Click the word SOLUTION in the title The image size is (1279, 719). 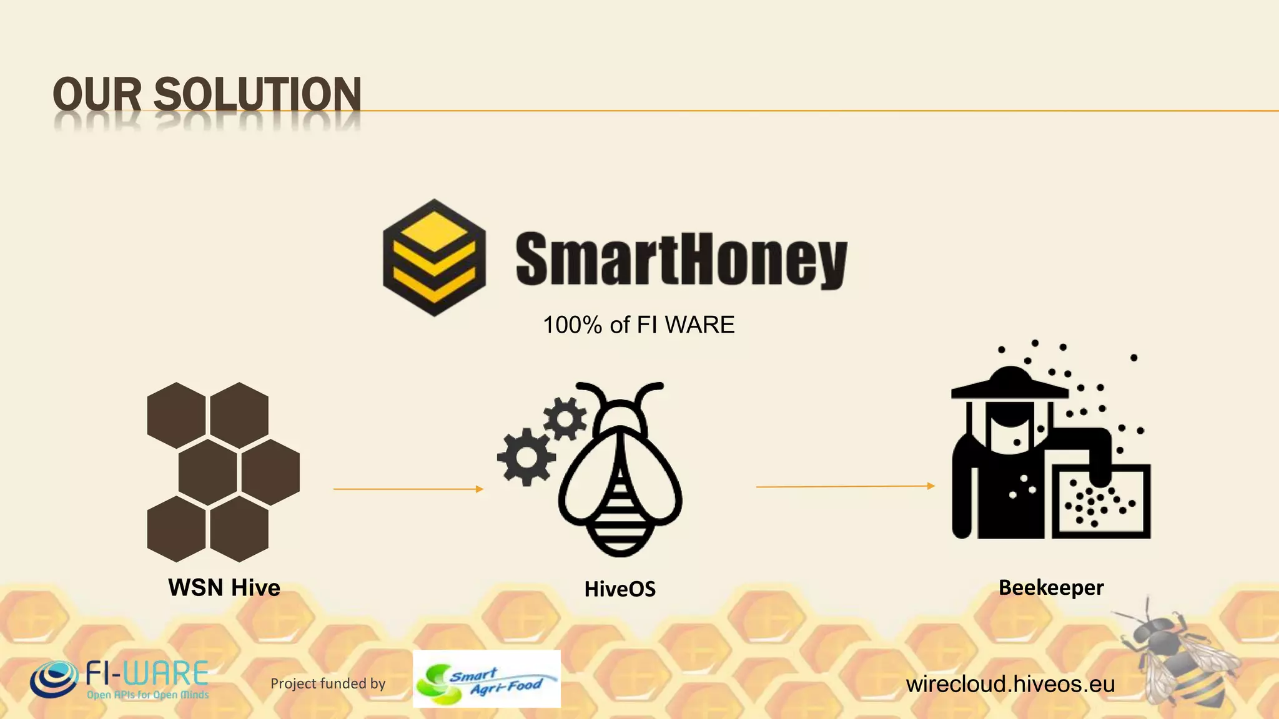pyautogui.click(x=257, y=95)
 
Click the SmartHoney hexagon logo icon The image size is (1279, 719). pyautogui.click(x=434, y=257)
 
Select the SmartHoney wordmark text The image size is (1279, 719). pyautogui.click(x=681, y=260)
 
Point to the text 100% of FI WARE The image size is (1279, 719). pyautogui.click(x=638, y=325)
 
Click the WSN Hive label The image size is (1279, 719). pyautogui.click(x=224, y=587)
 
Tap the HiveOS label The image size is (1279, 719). pyautogui.click(x=620, y=589)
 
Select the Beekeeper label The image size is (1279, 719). pyautogui.click(x=1051, y=587)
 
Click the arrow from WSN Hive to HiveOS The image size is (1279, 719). pyautogui.click(x=408, y=489)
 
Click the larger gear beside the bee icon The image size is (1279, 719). pyautogui.click(x=526, y=457)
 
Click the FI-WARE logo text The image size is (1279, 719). pyautogui.click(x=147, y=674)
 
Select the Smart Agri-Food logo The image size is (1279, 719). pyautogui.click(x=486, y=679)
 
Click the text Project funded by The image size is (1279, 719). pyautogui.click(x=328, y=683)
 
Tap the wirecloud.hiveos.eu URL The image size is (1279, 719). pyautogui.click(x=1010, y=684)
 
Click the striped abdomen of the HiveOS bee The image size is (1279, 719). pyautogui.click(x=620, y=512)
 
